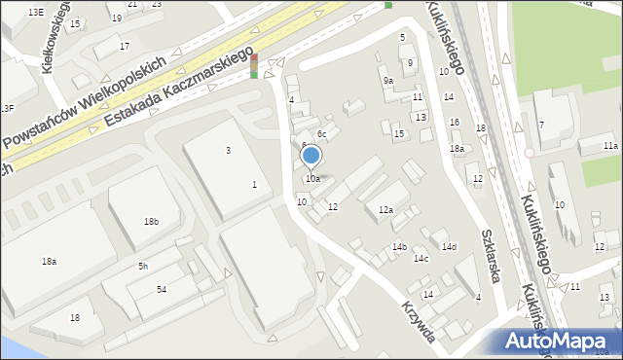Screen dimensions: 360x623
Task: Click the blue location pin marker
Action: point(311,156)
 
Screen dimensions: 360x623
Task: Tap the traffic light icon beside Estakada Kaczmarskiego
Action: point(254,66)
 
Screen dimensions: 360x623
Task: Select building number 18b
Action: point(151,222)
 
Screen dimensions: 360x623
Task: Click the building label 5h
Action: point(143,266)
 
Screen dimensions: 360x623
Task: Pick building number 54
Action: point(162,290)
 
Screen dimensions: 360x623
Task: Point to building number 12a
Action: point(385,210)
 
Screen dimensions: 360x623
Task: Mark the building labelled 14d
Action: point(448,247)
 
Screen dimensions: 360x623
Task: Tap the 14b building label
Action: point(399,247)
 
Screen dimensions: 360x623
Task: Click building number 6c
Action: point(322,133)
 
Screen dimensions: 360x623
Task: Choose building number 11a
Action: point(609,145)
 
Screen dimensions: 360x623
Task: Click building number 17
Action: point(124,46)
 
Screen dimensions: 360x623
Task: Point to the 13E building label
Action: point(36,12)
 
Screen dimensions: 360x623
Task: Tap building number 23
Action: point(157,4)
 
